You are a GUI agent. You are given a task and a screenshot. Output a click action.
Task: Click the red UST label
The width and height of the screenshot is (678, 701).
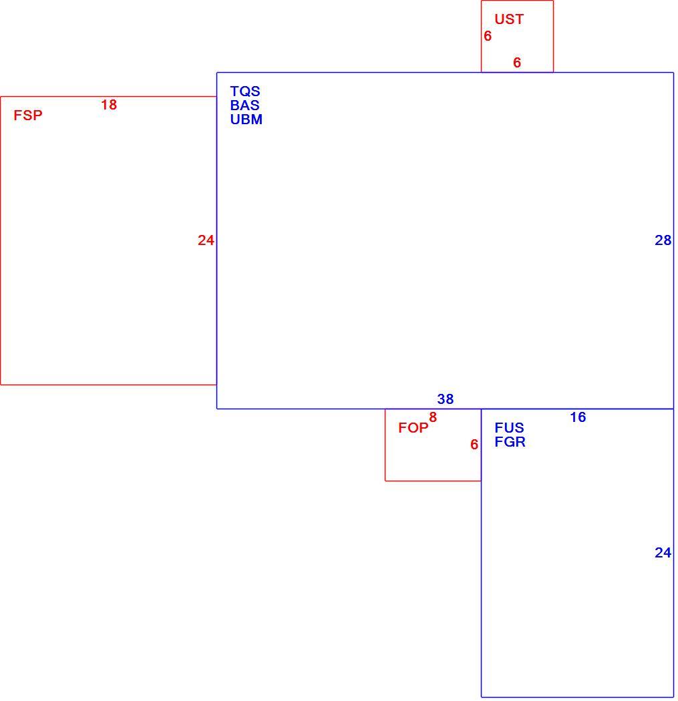point(509,19)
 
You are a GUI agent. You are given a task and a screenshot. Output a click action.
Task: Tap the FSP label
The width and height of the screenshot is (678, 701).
point(28,115)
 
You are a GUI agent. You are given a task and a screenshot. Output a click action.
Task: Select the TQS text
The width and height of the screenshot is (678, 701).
point(245,91)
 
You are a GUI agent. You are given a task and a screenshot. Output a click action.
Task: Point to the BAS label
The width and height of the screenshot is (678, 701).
point(244,105)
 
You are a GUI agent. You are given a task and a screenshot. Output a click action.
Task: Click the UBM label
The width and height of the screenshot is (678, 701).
point(246,120)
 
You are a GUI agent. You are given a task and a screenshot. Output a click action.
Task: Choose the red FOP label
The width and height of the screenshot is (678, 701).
point(413,428)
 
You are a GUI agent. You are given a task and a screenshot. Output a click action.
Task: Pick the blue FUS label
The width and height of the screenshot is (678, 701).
point(510,428)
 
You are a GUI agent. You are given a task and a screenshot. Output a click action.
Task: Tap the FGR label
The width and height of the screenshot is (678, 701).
point(510,442)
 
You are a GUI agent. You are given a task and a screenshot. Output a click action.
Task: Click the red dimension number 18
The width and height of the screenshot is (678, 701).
point(109,105)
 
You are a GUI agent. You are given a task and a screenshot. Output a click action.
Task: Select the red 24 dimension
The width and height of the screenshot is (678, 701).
point(206,240)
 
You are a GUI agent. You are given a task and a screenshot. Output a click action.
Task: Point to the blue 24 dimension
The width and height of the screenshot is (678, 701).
point(663,553)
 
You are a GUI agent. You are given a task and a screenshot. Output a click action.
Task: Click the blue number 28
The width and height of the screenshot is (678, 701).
point(663,240)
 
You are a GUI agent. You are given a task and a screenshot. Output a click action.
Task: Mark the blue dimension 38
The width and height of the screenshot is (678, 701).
point(446,399)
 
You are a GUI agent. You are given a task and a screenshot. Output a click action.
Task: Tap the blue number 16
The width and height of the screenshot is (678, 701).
point(578,417)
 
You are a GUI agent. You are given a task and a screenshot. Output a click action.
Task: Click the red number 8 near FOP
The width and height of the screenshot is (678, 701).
point(433,417)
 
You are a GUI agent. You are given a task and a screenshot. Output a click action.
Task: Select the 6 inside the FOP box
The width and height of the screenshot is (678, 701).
point(474,445)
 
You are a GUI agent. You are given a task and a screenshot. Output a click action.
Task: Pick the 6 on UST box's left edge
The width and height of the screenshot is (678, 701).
point(488,36)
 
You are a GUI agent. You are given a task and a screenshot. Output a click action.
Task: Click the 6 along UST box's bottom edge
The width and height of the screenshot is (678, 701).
point(517,63)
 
